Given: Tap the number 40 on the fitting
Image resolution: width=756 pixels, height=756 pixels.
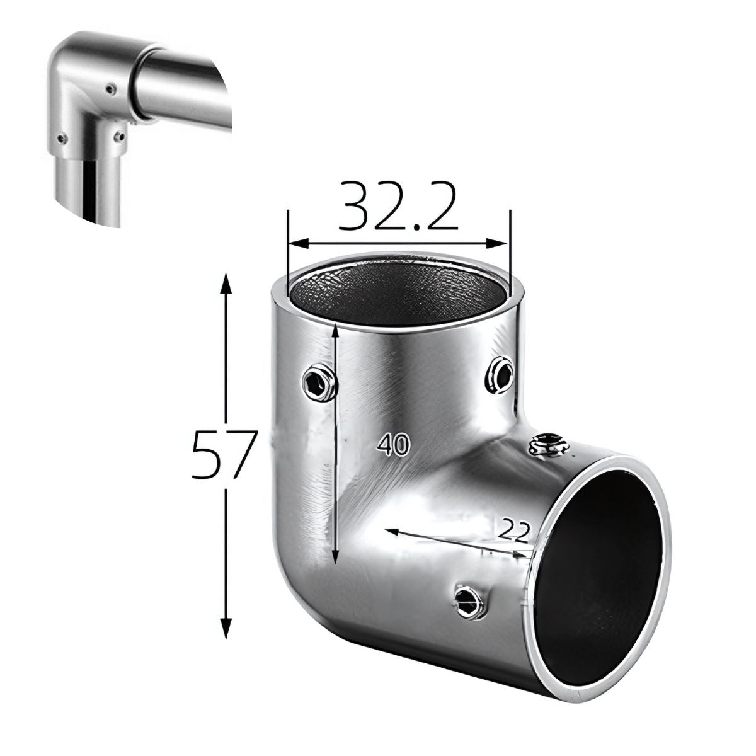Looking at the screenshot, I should [394, 446].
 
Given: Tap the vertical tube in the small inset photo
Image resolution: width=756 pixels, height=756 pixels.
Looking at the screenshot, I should [94, 189].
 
